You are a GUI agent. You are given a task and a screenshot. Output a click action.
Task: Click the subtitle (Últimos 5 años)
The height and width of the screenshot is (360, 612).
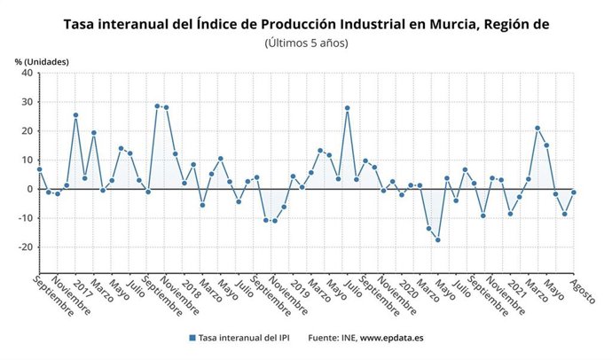click(306, 43)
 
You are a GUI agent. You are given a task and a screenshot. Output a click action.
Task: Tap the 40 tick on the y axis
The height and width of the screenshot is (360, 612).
click(26, 74)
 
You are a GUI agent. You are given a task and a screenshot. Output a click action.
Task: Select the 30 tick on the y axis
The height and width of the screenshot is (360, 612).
click(26, 102)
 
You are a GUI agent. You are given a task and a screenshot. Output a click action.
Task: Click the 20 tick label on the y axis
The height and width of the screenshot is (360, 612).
click(26, 131)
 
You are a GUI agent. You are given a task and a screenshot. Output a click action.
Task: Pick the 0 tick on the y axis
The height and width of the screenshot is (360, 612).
click(28, 189)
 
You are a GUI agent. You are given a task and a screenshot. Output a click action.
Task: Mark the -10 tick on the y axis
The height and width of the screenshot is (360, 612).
click(24, 218)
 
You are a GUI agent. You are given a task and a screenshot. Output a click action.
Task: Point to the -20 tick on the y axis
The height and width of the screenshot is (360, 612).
click(24, 247)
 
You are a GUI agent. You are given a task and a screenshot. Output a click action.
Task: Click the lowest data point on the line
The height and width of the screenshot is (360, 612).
click(437, 240)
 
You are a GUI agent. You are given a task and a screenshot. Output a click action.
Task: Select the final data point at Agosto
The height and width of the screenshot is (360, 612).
click(574, 192)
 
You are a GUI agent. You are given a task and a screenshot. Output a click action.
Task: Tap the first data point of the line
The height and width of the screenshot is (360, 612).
click(39, 169)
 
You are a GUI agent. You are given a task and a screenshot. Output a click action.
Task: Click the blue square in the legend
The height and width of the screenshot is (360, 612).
click(192, 338)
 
